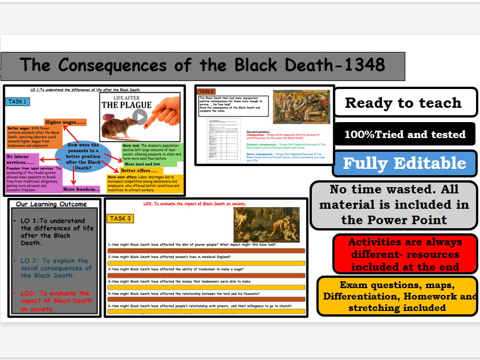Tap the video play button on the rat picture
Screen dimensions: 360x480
140,117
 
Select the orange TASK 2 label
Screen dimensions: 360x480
207,91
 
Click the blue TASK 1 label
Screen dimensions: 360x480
19,102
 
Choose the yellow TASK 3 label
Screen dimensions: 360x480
121,219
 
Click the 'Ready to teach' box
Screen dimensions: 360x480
403,103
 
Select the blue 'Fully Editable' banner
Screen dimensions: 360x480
404,164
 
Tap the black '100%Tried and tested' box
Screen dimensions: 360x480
405,135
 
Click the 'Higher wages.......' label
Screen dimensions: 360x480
66,122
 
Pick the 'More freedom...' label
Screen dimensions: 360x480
82,189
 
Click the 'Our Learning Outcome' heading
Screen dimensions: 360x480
51,204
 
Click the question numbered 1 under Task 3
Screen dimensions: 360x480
205,244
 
